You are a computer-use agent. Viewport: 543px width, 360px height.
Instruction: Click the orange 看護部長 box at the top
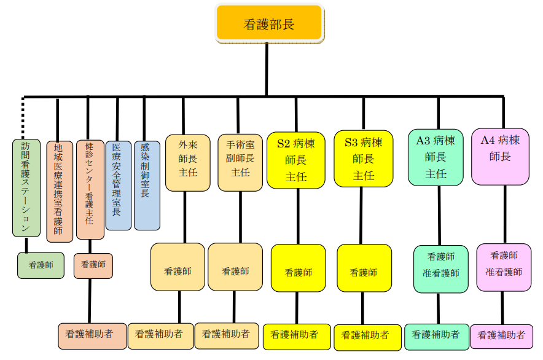[269, 23]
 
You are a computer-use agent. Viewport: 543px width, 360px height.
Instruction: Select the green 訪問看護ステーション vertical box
[26, 188]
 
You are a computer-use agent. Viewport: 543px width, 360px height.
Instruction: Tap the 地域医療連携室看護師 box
[60, 191]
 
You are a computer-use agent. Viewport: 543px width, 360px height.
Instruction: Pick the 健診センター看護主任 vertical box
[90, 190]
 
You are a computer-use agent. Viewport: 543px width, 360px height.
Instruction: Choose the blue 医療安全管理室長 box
[119, 186]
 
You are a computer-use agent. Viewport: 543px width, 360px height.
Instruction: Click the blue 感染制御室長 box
[147, 186]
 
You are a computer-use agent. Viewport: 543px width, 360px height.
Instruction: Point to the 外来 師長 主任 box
[188, 163]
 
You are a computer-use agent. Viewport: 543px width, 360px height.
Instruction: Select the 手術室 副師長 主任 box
[240, 163]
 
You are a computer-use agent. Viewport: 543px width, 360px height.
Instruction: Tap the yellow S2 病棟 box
[295, 160]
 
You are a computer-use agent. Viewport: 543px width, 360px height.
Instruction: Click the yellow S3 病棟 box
[363, 158]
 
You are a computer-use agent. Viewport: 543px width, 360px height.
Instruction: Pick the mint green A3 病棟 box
[436, 157]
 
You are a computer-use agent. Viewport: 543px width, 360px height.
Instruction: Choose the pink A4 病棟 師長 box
[500, 157]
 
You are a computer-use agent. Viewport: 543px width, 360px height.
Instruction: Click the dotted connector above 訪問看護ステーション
[23, 118]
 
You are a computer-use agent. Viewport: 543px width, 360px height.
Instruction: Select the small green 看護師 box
[41, 265]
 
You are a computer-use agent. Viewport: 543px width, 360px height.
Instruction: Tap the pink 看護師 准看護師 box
[504, 267]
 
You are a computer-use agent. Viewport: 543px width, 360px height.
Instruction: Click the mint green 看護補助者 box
[436, 337]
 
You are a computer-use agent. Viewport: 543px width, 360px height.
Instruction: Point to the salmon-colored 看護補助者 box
[92, 336]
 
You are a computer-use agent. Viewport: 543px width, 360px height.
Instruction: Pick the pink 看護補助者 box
[501, 337]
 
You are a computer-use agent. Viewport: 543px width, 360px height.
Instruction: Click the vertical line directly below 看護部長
[267, 69]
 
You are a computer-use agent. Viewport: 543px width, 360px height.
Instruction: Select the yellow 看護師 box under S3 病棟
[364, 268]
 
